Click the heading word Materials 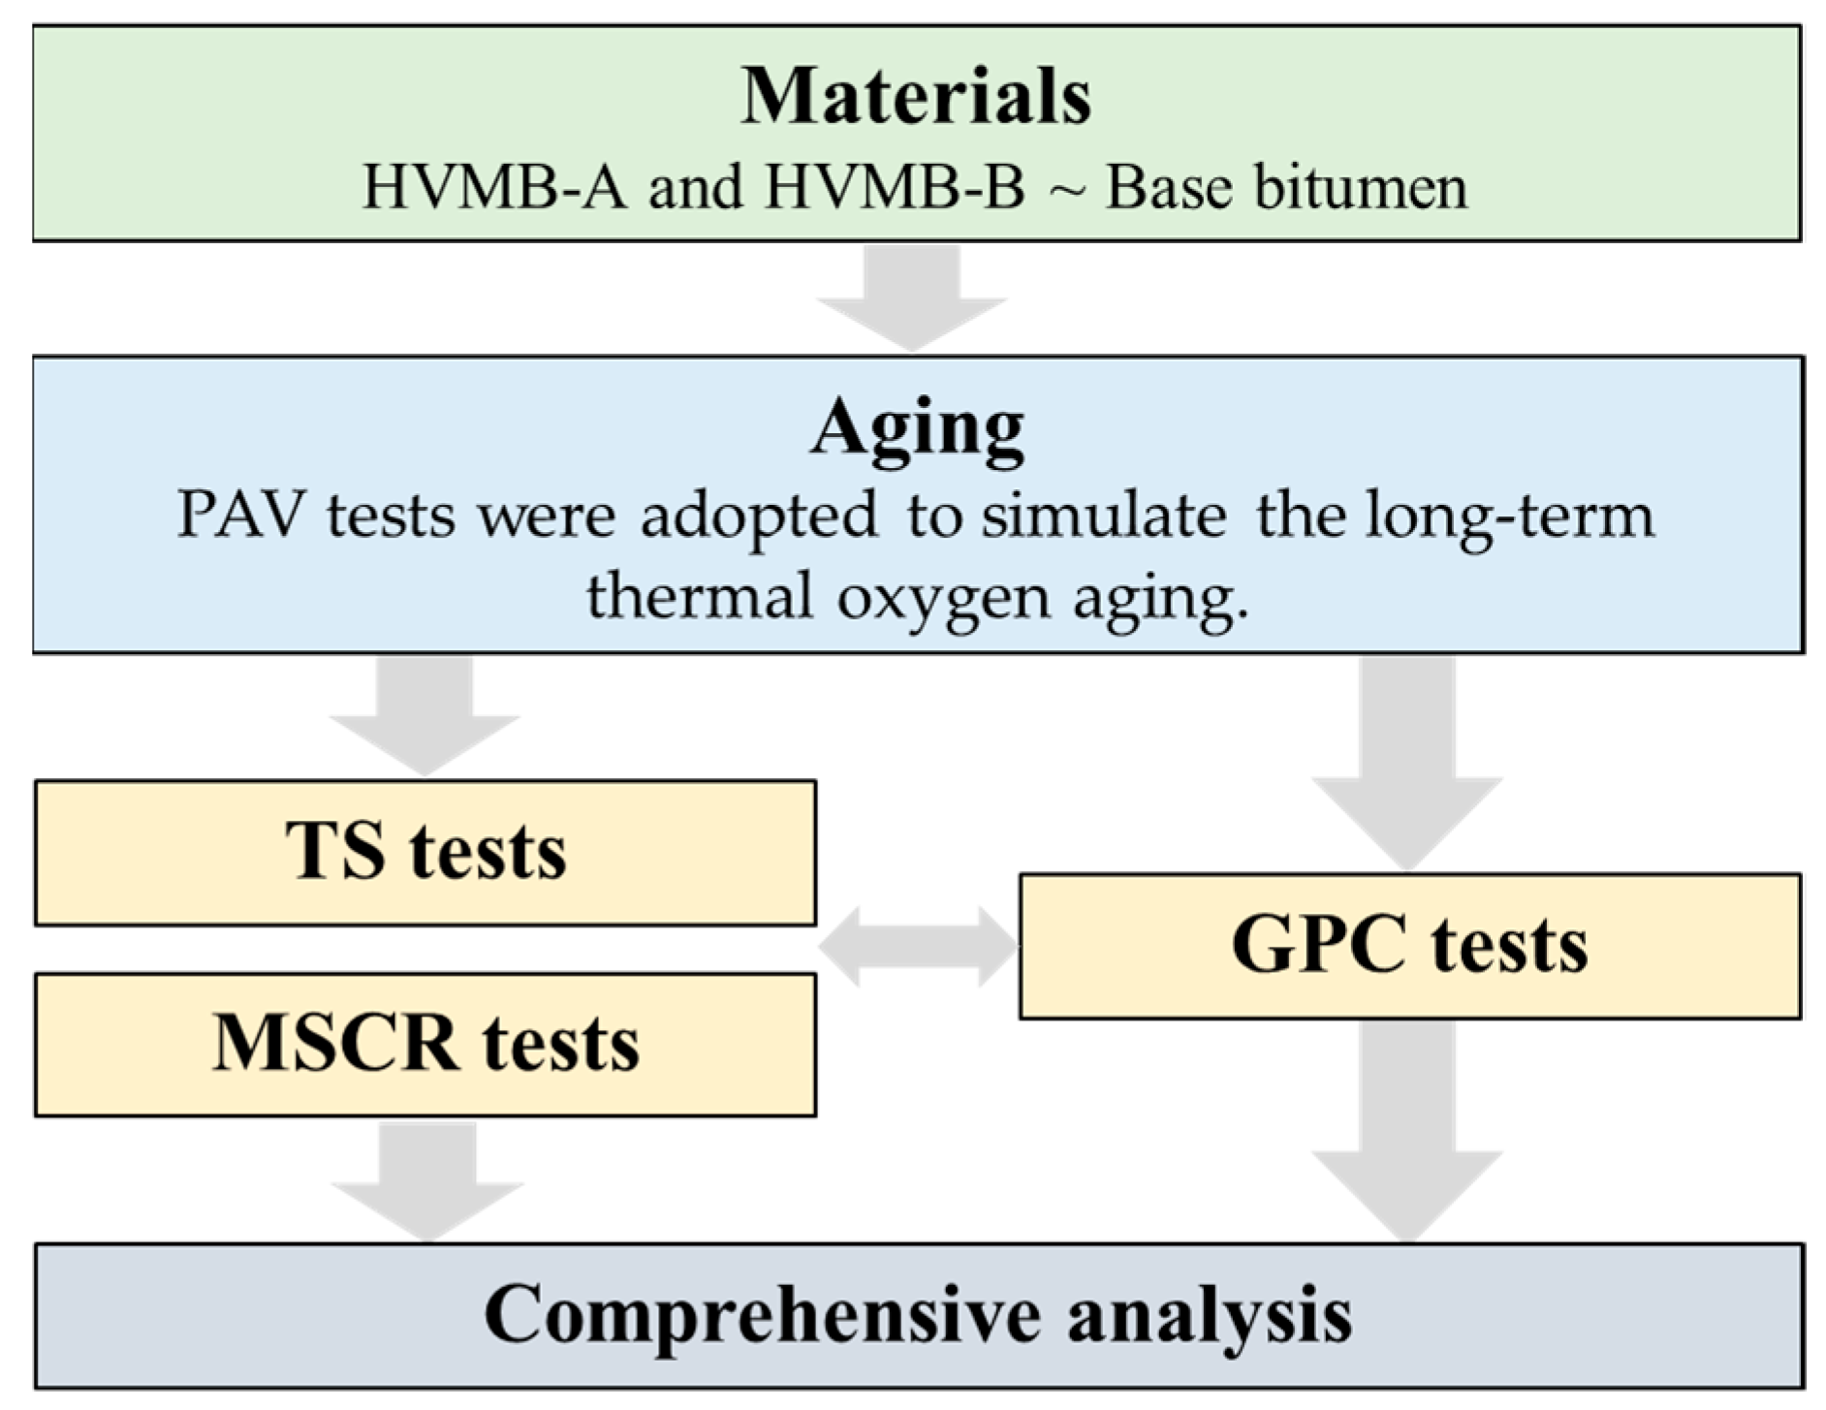click(915, 97)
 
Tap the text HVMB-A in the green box click(494, 187)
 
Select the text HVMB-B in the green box click(894, 187)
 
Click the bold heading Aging click(917, 427)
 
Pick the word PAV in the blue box click(239, 515)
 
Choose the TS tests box click(425, 853)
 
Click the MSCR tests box click(425, 1045)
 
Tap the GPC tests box click(1409, 946)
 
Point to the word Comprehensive click(761, 1315)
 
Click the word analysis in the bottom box click(1209, 1315)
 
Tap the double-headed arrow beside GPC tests click(917, 946)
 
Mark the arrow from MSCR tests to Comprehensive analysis click(427, 1180)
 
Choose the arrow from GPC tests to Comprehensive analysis click(1407, 1129)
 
